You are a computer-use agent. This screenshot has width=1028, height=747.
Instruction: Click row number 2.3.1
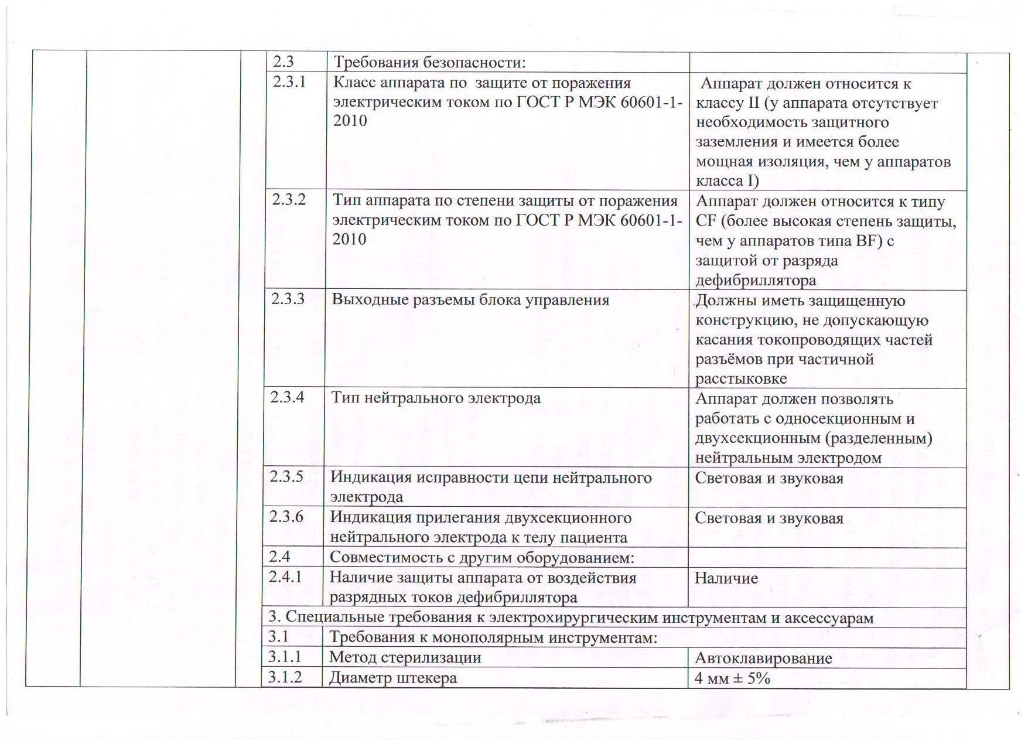(289, 82)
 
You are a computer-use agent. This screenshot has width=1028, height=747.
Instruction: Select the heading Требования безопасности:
(429, 62)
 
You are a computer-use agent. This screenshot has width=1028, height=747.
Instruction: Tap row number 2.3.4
(287, 398)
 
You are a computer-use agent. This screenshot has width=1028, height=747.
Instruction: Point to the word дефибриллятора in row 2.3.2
(756, 280)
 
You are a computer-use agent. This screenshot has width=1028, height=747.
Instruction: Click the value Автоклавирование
(763, 658)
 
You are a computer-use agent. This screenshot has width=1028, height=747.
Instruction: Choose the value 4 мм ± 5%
(732, 678)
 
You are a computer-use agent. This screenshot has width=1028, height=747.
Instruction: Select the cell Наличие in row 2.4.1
(726, 578)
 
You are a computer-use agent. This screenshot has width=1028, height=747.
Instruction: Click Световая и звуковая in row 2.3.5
(769, 478)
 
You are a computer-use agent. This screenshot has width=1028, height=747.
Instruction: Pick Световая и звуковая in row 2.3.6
(769, 518)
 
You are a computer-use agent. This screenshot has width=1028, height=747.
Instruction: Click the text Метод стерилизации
(405, 657)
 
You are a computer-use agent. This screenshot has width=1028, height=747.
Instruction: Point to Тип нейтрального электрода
(436, 398)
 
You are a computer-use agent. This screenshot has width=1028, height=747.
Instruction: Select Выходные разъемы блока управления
(470, 300)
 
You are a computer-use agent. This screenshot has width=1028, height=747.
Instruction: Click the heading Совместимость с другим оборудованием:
(481, 557)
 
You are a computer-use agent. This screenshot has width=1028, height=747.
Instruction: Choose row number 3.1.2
(285, 677)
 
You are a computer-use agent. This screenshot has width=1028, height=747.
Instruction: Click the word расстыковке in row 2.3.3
(741, 378)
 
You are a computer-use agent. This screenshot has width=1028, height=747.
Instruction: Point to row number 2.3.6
(286, 517)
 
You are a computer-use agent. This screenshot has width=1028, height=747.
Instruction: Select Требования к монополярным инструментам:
(493, 637)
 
